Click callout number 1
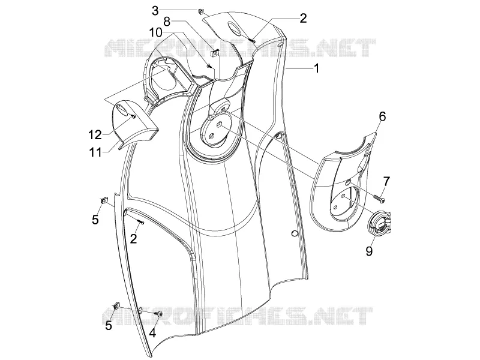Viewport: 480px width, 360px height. [x=317, y=68]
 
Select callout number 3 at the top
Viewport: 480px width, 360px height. [x=155, y=11]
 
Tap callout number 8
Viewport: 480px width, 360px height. [x=167, y=22]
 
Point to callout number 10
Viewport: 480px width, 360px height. [x=156, y=32]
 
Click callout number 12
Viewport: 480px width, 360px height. [x=95, y=134]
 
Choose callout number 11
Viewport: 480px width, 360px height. [x=95, y=152]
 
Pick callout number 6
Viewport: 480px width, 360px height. [x=382, y=116]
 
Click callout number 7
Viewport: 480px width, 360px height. [x=386, y=182]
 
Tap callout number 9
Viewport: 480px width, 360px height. [x=369, y=251]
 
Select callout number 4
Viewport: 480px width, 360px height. [x=152, y=332]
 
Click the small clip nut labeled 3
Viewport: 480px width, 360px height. [x=201, y=11]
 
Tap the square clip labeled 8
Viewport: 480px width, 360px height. [x=215, y=53]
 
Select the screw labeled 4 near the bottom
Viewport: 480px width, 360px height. [x=160, y=313]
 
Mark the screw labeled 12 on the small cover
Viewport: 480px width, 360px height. [x=133, y=116]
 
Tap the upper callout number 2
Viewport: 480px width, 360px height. [x=303, y=19]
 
